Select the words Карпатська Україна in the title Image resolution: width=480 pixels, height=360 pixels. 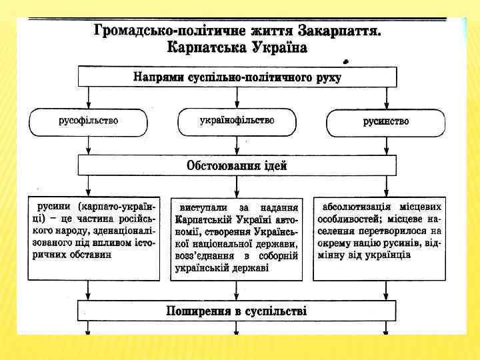click(237, 47)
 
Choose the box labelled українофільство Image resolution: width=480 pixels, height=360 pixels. click(237, 121)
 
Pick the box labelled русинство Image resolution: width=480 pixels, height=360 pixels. click(385, 121)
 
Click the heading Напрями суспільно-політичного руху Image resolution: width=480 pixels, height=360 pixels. click(237, 77)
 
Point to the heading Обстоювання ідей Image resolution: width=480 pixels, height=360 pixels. click(237, 165)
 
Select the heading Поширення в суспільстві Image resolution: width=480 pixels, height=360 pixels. click(237, 311)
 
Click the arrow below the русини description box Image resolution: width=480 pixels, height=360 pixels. click(88, 290)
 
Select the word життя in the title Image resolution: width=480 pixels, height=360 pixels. click(271, 31)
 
